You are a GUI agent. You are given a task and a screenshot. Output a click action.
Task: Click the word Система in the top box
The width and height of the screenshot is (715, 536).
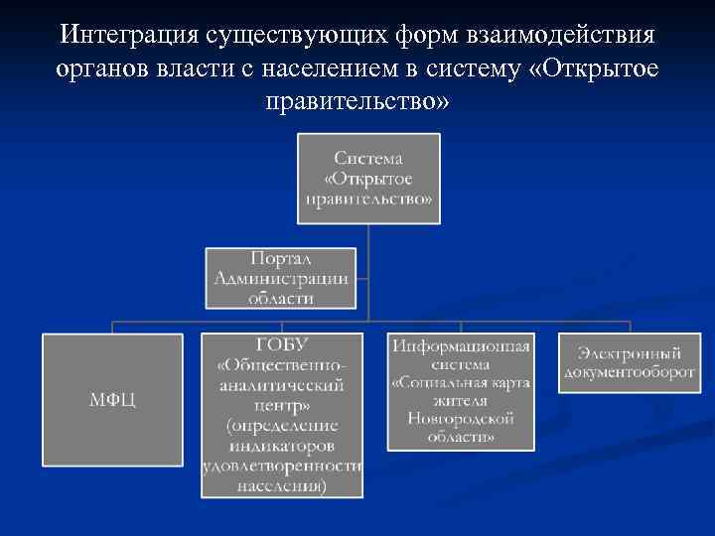pyautogui.click(x=368, y=158)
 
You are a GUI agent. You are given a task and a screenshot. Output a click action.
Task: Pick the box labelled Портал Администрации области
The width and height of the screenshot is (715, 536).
pyautogui.click(x=281, y=277)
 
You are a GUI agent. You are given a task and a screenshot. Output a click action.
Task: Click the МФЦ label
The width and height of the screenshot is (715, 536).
pyautogui.click(x=111, y=400)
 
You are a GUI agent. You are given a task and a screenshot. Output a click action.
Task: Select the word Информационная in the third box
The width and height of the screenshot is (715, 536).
pyautogui.click(x=461, y=346)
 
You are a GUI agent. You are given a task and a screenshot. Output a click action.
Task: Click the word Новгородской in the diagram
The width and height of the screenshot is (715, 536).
pyautogui.click(x=460, y=419)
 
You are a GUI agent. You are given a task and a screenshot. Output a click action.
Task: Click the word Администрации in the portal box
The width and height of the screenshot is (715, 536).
pyautogui.click(x=281, y=278)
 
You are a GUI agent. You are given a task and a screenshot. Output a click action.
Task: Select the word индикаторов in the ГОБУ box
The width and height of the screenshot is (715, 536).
pyautogui.click(x=281, y=445)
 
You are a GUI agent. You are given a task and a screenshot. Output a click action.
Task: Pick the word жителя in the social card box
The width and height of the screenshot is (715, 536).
pyautogui.click(x=460, y=400)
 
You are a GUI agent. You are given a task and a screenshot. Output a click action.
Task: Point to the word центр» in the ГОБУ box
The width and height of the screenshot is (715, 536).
pyautogui.click(x=281, y=405)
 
